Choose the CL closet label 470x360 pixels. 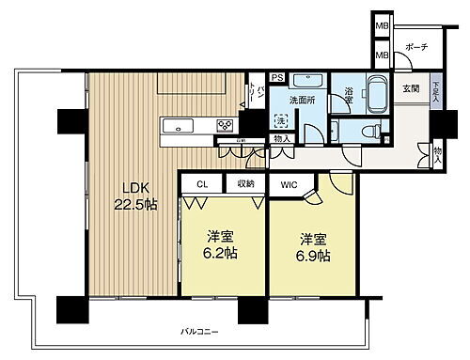pos(203,185)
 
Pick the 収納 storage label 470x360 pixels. pos(246,185)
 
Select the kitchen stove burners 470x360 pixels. pos(227,125)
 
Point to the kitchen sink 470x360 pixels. pos(177,125)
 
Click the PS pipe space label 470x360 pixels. pos(277,79)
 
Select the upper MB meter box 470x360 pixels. pos(381,25)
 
